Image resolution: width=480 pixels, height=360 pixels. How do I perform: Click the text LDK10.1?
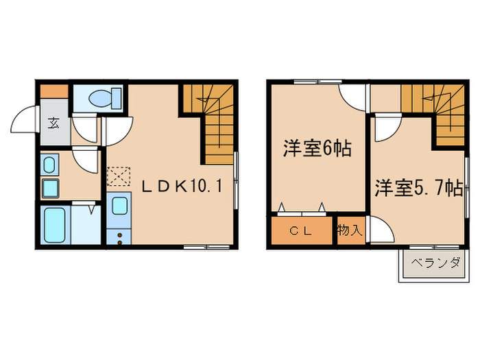(182, 186)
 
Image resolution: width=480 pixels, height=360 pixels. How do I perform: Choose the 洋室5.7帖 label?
(418, 188)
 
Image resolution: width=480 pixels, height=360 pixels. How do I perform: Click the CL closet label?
(302, 231)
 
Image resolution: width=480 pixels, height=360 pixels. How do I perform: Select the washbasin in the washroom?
(49, 165)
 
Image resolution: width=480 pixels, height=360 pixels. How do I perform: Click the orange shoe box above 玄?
(53, 91)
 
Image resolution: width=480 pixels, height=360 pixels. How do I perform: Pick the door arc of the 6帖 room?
(352, 98)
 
